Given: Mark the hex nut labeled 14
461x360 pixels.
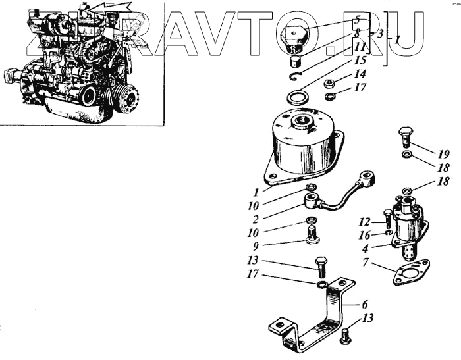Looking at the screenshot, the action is click(x=333, y=84).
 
